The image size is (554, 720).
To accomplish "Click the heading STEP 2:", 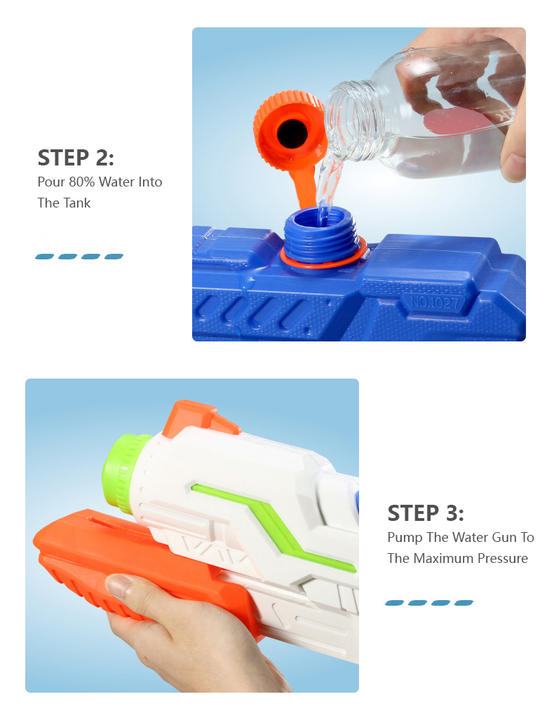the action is [75, 158].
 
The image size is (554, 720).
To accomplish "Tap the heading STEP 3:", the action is [426, 513].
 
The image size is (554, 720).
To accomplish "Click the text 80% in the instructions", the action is [82, 182].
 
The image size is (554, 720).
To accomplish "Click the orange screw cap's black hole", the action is [292, 134].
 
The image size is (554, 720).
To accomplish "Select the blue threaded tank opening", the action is [320, 234].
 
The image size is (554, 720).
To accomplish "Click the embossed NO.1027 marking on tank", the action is [434, 303].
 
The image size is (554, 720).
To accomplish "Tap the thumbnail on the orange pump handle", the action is [119, 586].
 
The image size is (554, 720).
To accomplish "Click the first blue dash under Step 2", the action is [45, 257].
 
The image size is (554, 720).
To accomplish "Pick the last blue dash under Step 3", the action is [464, 603].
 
